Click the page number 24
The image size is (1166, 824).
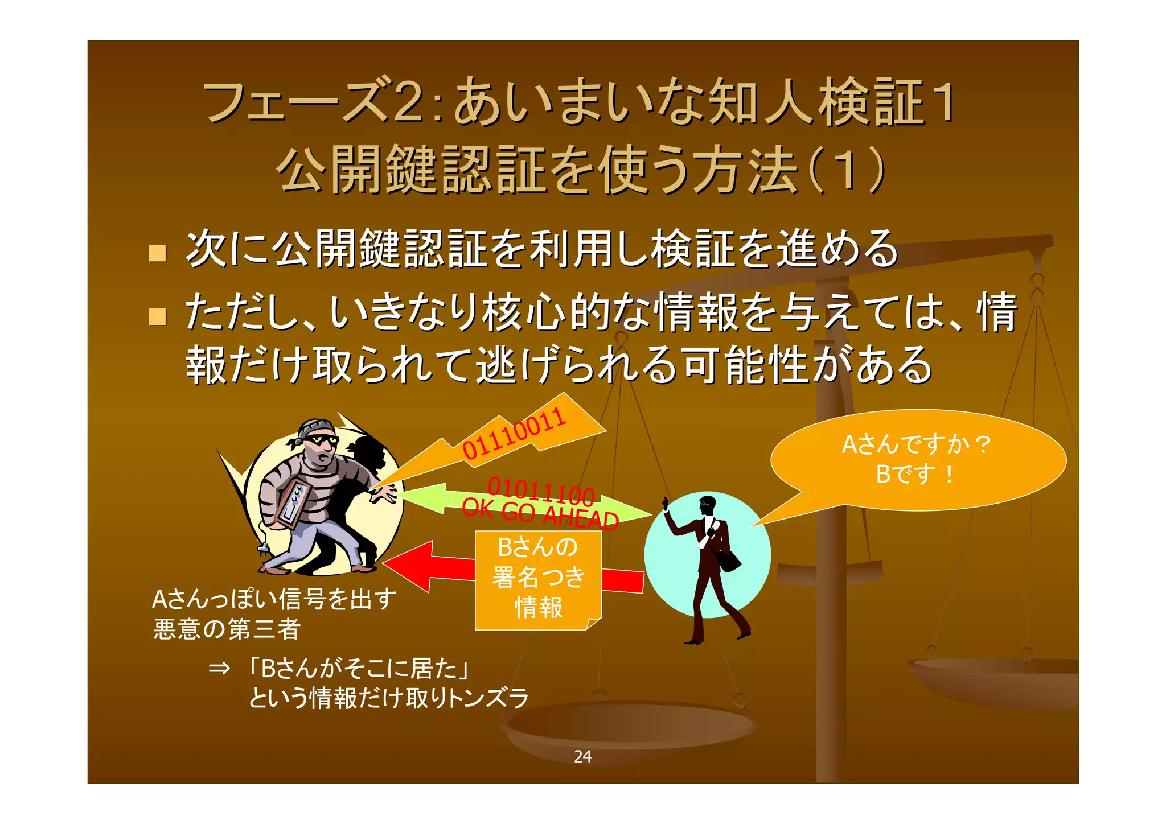click(x=582, y=756)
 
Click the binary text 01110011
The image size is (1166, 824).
click(x=514, y=434)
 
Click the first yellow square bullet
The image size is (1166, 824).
click(x=157, y=253)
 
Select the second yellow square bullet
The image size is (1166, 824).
click(x=157, y=316)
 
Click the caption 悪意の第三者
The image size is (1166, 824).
click(x=227, y=629)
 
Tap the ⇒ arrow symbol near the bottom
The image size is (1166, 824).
click(x=219, y=668)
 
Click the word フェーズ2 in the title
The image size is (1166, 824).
click(x=314, y=103)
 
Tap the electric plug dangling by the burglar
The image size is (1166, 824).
click(x=263, y=549)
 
